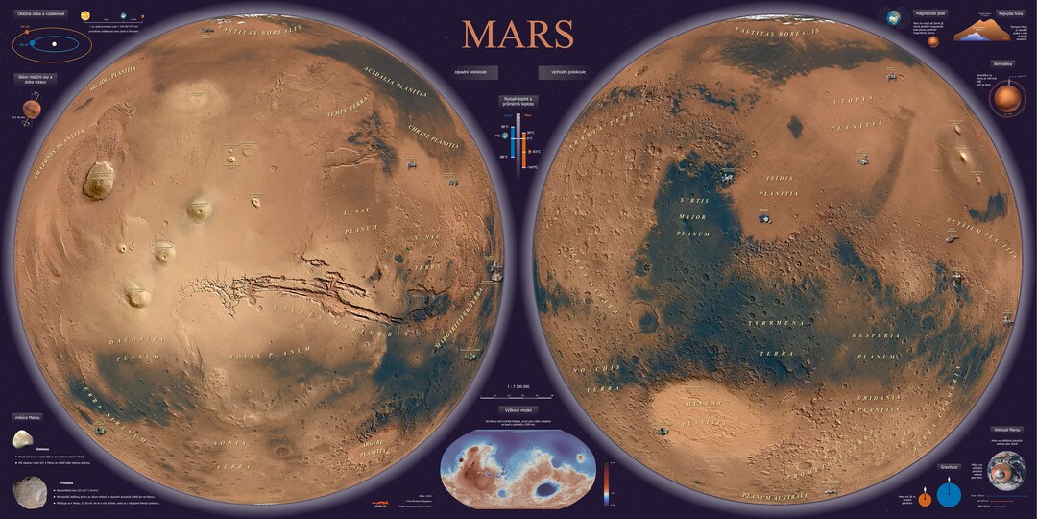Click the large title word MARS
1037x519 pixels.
click(518, 34)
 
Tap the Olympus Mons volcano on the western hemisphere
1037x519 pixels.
click(98, 180)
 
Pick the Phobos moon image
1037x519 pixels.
click(30, 491)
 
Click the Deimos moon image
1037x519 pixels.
click(23, 439)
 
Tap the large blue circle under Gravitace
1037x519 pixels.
click(949, 494)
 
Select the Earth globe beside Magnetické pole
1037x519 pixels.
click(895, 18)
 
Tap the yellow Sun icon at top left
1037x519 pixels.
click(84, 16)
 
